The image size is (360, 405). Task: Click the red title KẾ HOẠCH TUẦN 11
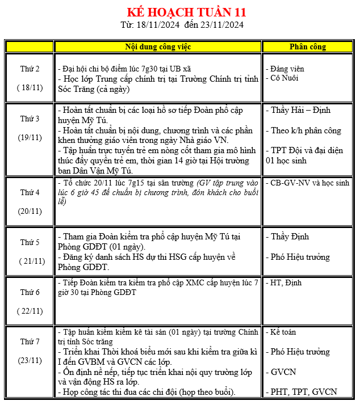[186, 12]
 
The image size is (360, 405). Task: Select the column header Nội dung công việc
[158, 47]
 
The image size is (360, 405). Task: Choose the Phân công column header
[308, 47]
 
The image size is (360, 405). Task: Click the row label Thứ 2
[30, 69]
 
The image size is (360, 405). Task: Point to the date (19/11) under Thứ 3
[30, 137]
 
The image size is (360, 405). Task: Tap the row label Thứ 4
[30, 192]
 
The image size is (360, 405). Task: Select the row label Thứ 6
[30, 292]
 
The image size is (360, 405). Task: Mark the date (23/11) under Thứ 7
[30, 360]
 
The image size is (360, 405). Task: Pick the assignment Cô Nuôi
[284, 78]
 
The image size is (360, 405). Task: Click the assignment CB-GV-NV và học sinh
[309, 183]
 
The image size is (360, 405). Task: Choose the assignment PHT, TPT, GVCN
[303, 392]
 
